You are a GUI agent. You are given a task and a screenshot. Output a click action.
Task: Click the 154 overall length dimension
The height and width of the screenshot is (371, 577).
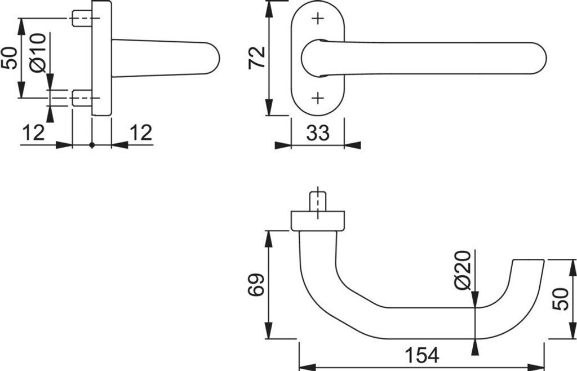[x=421, y=355]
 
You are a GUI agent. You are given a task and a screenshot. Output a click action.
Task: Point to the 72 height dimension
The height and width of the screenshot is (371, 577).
[x=257, y=57]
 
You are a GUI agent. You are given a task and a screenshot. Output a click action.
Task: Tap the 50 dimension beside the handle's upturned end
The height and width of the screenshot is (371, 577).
[x=560, y=298]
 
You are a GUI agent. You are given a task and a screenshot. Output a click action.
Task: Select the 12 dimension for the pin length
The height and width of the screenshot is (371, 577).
[x=33, y=133]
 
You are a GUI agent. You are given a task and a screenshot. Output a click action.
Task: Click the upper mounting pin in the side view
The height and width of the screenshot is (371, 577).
[x=82, y=19]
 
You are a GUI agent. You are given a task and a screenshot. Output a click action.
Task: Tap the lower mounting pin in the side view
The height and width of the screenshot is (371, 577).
[x=82, y=99]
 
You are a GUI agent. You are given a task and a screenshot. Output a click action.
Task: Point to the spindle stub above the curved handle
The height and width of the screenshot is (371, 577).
[x=318, y=201]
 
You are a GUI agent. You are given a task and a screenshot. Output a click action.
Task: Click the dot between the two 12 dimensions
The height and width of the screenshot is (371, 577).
[x=92, y=145]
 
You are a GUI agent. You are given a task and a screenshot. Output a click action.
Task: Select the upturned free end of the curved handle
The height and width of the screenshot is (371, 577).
[x=527, y=268]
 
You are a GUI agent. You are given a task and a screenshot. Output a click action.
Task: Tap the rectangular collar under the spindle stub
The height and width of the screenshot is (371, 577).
[x=318, y=220]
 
